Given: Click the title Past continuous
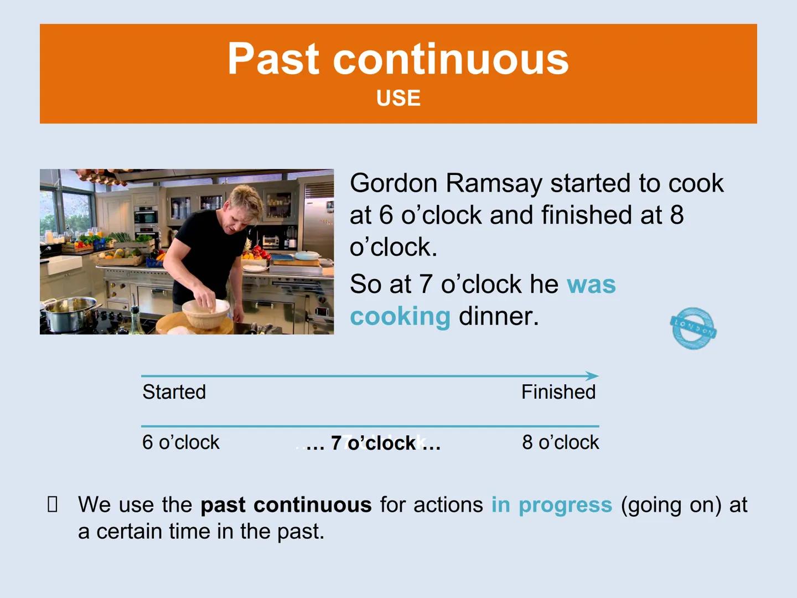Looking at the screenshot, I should (x=398, y=59).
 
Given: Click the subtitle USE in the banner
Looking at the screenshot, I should (x=398, y=98).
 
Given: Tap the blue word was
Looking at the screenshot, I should (x=591, y=285).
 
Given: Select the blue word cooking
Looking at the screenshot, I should (x=400, y=317).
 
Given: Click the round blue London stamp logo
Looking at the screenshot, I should (x=693, y=328).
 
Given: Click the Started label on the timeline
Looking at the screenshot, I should (x=174, y=392).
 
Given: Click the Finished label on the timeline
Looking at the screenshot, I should (x=558, y=392).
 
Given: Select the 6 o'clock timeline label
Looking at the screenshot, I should (x=180, y=442).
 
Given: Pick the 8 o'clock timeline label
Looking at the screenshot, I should (x=560, y=442).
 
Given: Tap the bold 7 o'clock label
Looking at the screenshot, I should (x=374, y=444).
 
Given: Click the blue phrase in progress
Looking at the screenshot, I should (x=551, y=505).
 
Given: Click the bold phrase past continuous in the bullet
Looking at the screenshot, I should (x=286, y=505).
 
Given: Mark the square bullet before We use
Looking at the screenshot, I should (x=53, y=504).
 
